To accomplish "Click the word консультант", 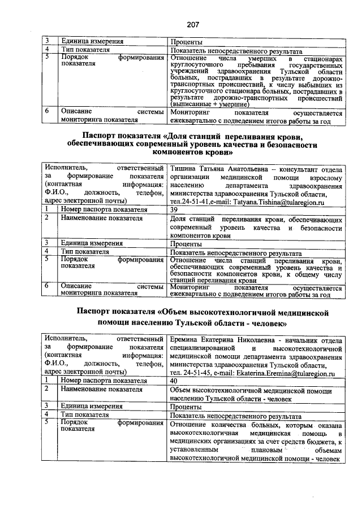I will (x=298, y=170).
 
